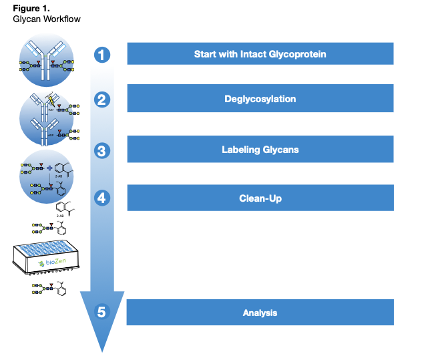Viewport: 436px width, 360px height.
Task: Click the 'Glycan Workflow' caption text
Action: (x=47, y=19)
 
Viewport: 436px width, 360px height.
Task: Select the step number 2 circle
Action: (x=101, y=100)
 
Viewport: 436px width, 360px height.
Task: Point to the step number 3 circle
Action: (x=101, y=150)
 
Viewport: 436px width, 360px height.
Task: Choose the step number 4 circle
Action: (x=101, y=198)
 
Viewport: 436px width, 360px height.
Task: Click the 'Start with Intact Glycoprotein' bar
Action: (x=260, y=54)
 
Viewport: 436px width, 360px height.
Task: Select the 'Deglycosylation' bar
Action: (x=260, y=99)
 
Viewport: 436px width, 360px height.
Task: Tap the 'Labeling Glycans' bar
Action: (x=260, y=149)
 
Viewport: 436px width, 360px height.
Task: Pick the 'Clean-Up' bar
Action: (x=260, y=198)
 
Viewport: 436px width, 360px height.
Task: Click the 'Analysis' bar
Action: (x=260, y=313)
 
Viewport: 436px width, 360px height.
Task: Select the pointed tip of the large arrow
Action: (x=101, y=350)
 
